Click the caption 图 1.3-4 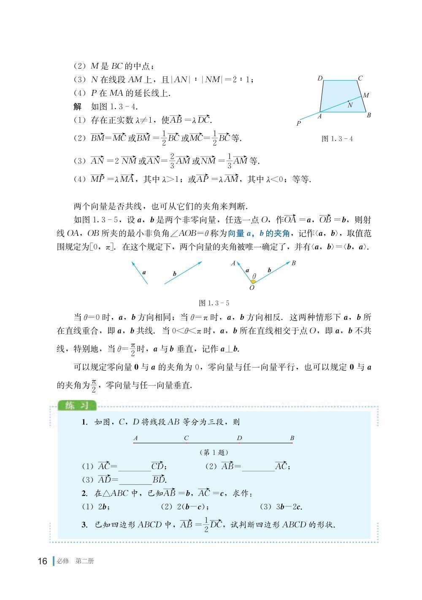click(337, 138)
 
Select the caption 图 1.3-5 click(214, 303)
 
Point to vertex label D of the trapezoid click(320, 78)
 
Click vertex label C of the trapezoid click(360, 78)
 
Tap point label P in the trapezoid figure click(299, 123)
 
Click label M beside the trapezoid click(366, 95)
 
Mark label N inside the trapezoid click(350, 105)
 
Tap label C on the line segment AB click(186, 438)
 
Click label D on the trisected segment click(239, 438)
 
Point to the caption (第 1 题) click(214, 452)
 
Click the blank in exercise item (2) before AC click(258, 467)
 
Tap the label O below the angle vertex click(252, 288)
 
